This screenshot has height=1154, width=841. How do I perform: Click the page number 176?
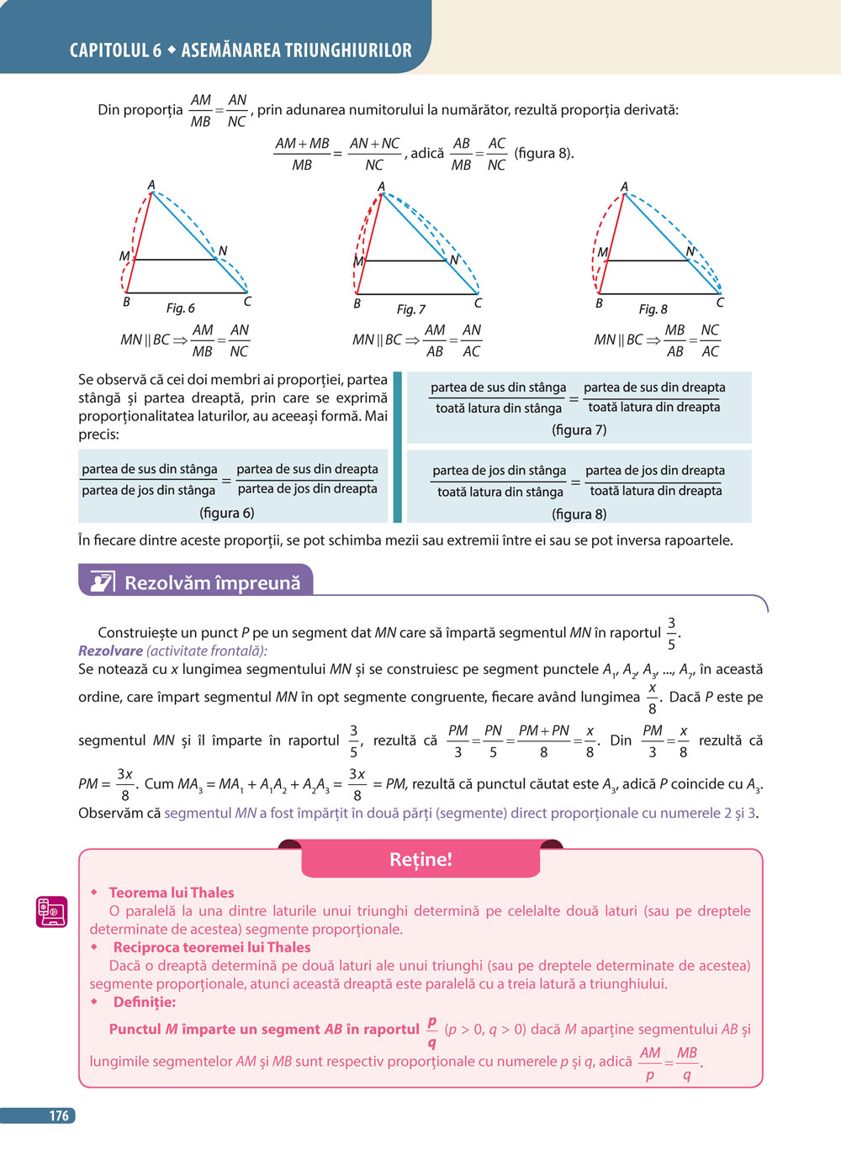tap(59, 1116)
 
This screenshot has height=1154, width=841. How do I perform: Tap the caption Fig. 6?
tap(180, 308)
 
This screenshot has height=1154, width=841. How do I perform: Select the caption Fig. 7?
tap(411, 309)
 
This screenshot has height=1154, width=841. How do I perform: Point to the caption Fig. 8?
tap(653, 309)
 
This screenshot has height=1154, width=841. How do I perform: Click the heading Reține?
tap(420, 859)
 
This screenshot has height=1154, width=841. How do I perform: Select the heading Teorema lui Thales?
tap(172, 893)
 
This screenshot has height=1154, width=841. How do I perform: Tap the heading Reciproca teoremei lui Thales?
tap(212, 947)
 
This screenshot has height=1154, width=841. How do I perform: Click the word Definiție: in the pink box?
tap(145, 1002)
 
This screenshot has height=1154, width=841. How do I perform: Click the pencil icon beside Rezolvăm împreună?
tap(102, 582)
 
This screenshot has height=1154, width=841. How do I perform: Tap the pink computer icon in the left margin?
tap(51, 911)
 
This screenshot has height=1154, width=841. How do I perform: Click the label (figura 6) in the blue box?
tap(226, 513)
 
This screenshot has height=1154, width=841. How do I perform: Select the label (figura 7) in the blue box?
tap(579, 429)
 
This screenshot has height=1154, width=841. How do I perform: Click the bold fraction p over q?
tap(431, 1031)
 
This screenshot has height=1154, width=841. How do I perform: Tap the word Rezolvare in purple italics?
tap(110, 651)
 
